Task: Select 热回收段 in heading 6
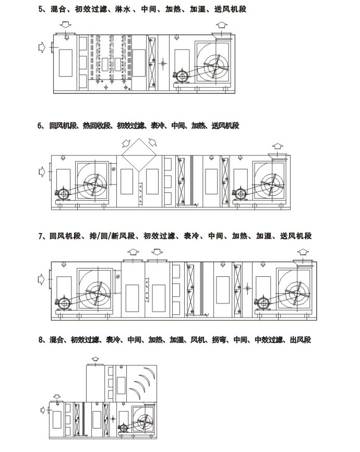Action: [97, 126]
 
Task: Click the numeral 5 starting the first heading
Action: [40, 9]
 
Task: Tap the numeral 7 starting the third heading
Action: [40, 236]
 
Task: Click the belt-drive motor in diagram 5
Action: [182, 77]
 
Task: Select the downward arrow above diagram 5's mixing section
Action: [66, 24]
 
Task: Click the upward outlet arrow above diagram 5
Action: [222, 25]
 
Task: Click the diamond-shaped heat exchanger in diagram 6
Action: [139, 155]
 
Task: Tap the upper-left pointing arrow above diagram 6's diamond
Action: [126, 143]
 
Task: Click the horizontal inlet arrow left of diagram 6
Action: [42, 172]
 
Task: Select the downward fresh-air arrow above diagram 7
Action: [157, 252]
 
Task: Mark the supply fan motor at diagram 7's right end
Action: [262, 303]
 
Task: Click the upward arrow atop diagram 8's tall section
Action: [95, 359]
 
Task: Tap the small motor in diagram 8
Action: [123, 429]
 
